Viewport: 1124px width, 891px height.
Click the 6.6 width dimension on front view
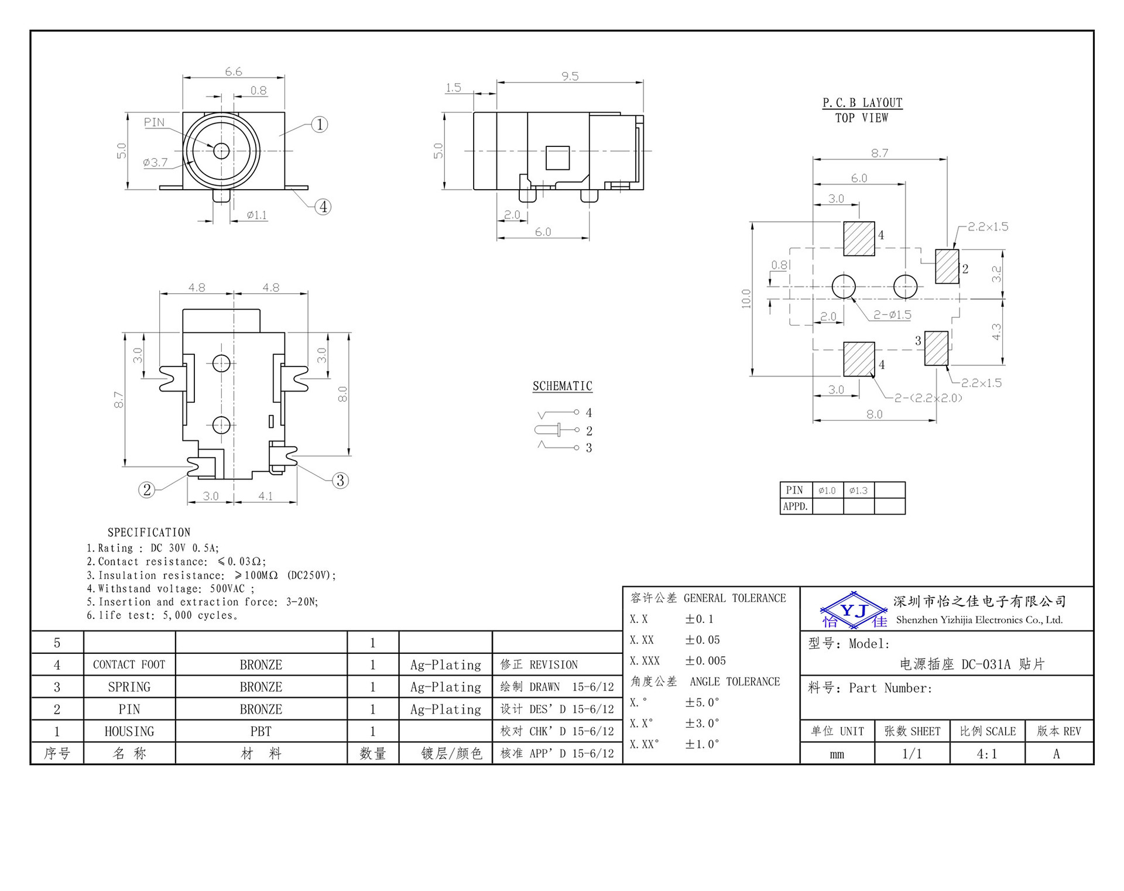click(233, 71)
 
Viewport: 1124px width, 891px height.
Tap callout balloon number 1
click(319, 124)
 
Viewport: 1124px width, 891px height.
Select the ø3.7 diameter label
click(155, 163)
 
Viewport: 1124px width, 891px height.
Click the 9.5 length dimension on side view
click(570, 76)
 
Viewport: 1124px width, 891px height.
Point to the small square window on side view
click(557, 157)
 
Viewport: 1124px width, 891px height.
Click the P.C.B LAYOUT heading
click(862, 103)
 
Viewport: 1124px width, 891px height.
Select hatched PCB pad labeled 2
click(947, 266)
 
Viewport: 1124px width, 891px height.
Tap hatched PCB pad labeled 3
click(936, 348)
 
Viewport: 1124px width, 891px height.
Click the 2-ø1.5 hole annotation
click(892, 315)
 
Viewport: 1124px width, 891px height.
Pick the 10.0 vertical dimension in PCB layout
click(746, 299)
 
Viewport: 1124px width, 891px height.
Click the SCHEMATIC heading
click(562, 386)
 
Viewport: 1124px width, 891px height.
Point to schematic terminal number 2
click(589, 431)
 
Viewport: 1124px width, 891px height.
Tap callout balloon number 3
click(340, 481)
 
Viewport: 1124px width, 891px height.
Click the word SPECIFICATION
click(149, 533)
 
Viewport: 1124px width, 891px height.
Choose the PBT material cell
click(261, 732)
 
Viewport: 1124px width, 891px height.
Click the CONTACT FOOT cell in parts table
click(129, 665)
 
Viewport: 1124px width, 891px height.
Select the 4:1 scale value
click(986, 754)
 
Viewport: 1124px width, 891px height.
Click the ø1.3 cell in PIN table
click(858, 491)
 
